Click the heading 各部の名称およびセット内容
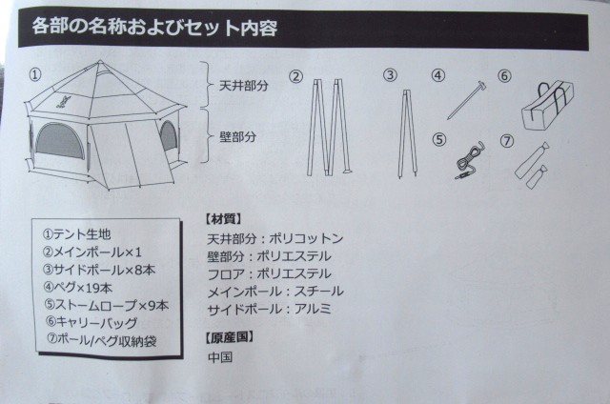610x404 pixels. click(x=154, y=28)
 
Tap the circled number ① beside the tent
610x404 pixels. click(x=35, y=74)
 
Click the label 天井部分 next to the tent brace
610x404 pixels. click(x=244, y=86)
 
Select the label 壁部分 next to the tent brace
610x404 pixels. click(x=238, y=137)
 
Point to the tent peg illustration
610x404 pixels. click(x=466, y=99)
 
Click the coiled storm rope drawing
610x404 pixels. click(x=470, y=159)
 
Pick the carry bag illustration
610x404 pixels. click(x=548, y=105)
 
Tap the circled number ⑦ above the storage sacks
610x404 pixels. click(x=506, y=141)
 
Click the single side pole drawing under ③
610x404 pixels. click(x=407, y=134)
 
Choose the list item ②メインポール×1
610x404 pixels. click(x=92, y=252)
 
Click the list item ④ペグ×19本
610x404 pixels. click(x=78, y=288)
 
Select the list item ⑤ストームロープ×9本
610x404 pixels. click(x=106, y=305)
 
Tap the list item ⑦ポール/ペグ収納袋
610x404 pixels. click(x=101, y=340)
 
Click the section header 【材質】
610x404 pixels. click(x=223, y=219)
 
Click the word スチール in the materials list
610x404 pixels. click(x=319, y=292)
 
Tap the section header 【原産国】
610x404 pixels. click(x=230, y=337)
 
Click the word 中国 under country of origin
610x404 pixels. click(x=220, y=357)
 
